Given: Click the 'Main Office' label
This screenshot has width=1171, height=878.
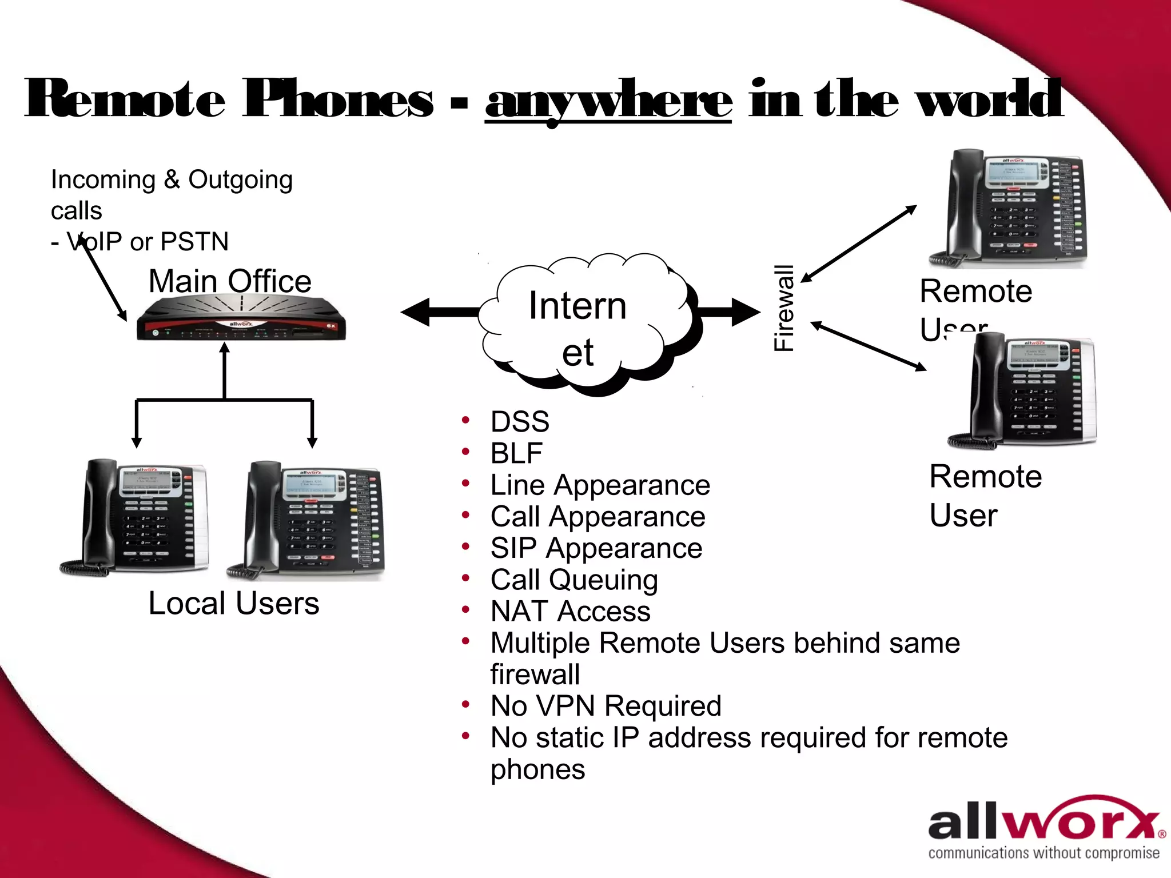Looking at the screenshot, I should point(230,281).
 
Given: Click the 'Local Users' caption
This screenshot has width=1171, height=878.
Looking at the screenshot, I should point(233,604).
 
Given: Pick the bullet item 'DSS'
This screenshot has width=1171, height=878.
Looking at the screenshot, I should point(519,422).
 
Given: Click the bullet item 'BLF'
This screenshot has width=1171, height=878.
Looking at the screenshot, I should point(516,454).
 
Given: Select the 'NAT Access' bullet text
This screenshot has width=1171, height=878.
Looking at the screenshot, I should point(570,611).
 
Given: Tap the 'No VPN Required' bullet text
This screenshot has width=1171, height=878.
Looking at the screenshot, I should point(606,706).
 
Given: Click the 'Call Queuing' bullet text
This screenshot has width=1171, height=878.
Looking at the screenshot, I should point(574,580).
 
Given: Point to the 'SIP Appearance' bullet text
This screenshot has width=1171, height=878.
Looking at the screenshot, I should point(596,548).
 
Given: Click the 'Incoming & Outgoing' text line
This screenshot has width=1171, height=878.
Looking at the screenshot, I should point(172,179).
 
